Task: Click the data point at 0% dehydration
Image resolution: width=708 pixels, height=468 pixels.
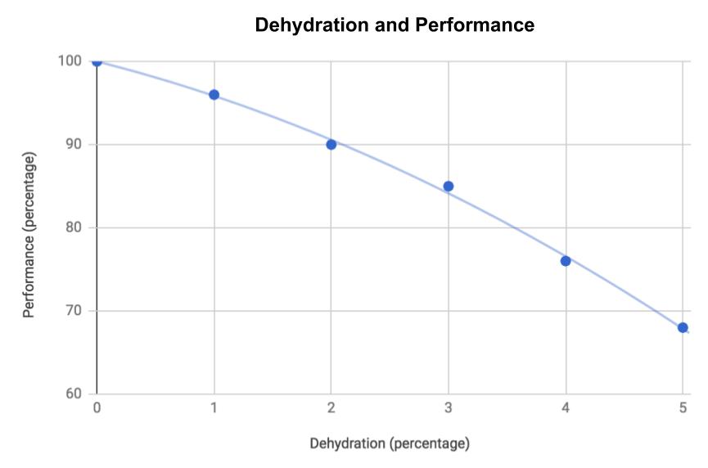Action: tap(97, 61)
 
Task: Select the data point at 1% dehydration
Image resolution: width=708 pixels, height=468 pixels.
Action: tap(214, 95)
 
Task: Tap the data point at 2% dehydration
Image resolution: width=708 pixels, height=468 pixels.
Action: tap(331, 145)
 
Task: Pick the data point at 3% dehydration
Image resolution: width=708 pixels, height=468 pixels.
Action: tap(449, 186)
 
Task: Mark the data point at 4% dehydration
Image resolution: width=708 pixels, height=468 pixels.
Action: tap(566, 261)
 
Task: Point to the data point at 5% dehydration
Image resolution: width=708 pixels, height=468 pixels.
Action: tap(683, 327)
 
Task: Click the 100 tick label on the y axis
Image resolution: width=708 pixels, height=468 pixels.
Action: tap(70, 61)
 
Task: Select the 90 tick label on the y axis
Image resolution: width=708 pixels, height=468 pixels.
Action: tap(73, 145)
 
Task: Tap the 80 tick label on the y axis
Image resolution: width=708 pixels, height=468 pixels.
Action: tap(73, 228)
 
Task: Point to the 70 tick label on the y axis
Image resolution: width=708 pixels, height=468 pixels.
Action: tap(73, 311)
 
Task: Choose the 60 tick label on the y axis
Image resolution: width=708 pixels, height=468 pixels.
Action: tap(73, 394)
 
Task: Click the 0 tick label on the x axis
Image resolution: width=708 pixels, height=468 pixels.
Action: tap(97, 409)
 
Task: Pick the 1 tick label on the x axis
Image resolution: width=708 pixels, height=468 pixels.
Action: tap(214, 409)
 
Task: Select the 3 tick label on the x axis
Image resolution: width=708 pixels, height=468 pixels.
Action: tap(449, 409)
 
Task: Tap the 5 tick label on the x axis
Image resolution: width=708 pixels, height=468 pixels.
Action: tap(683, 409)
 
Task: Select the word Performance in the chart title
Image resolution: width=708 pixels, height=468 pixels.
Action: tap(475, 25)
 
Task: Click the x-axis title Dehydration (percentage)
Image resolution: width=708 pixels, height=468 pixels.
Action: tap(390, 444)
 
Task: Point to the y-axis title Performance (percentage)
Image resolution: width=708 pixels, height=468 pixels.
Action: tap(29, 233)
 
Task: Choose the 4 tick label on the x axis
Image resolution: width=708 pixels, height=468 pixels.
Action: tap(566, 409)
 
